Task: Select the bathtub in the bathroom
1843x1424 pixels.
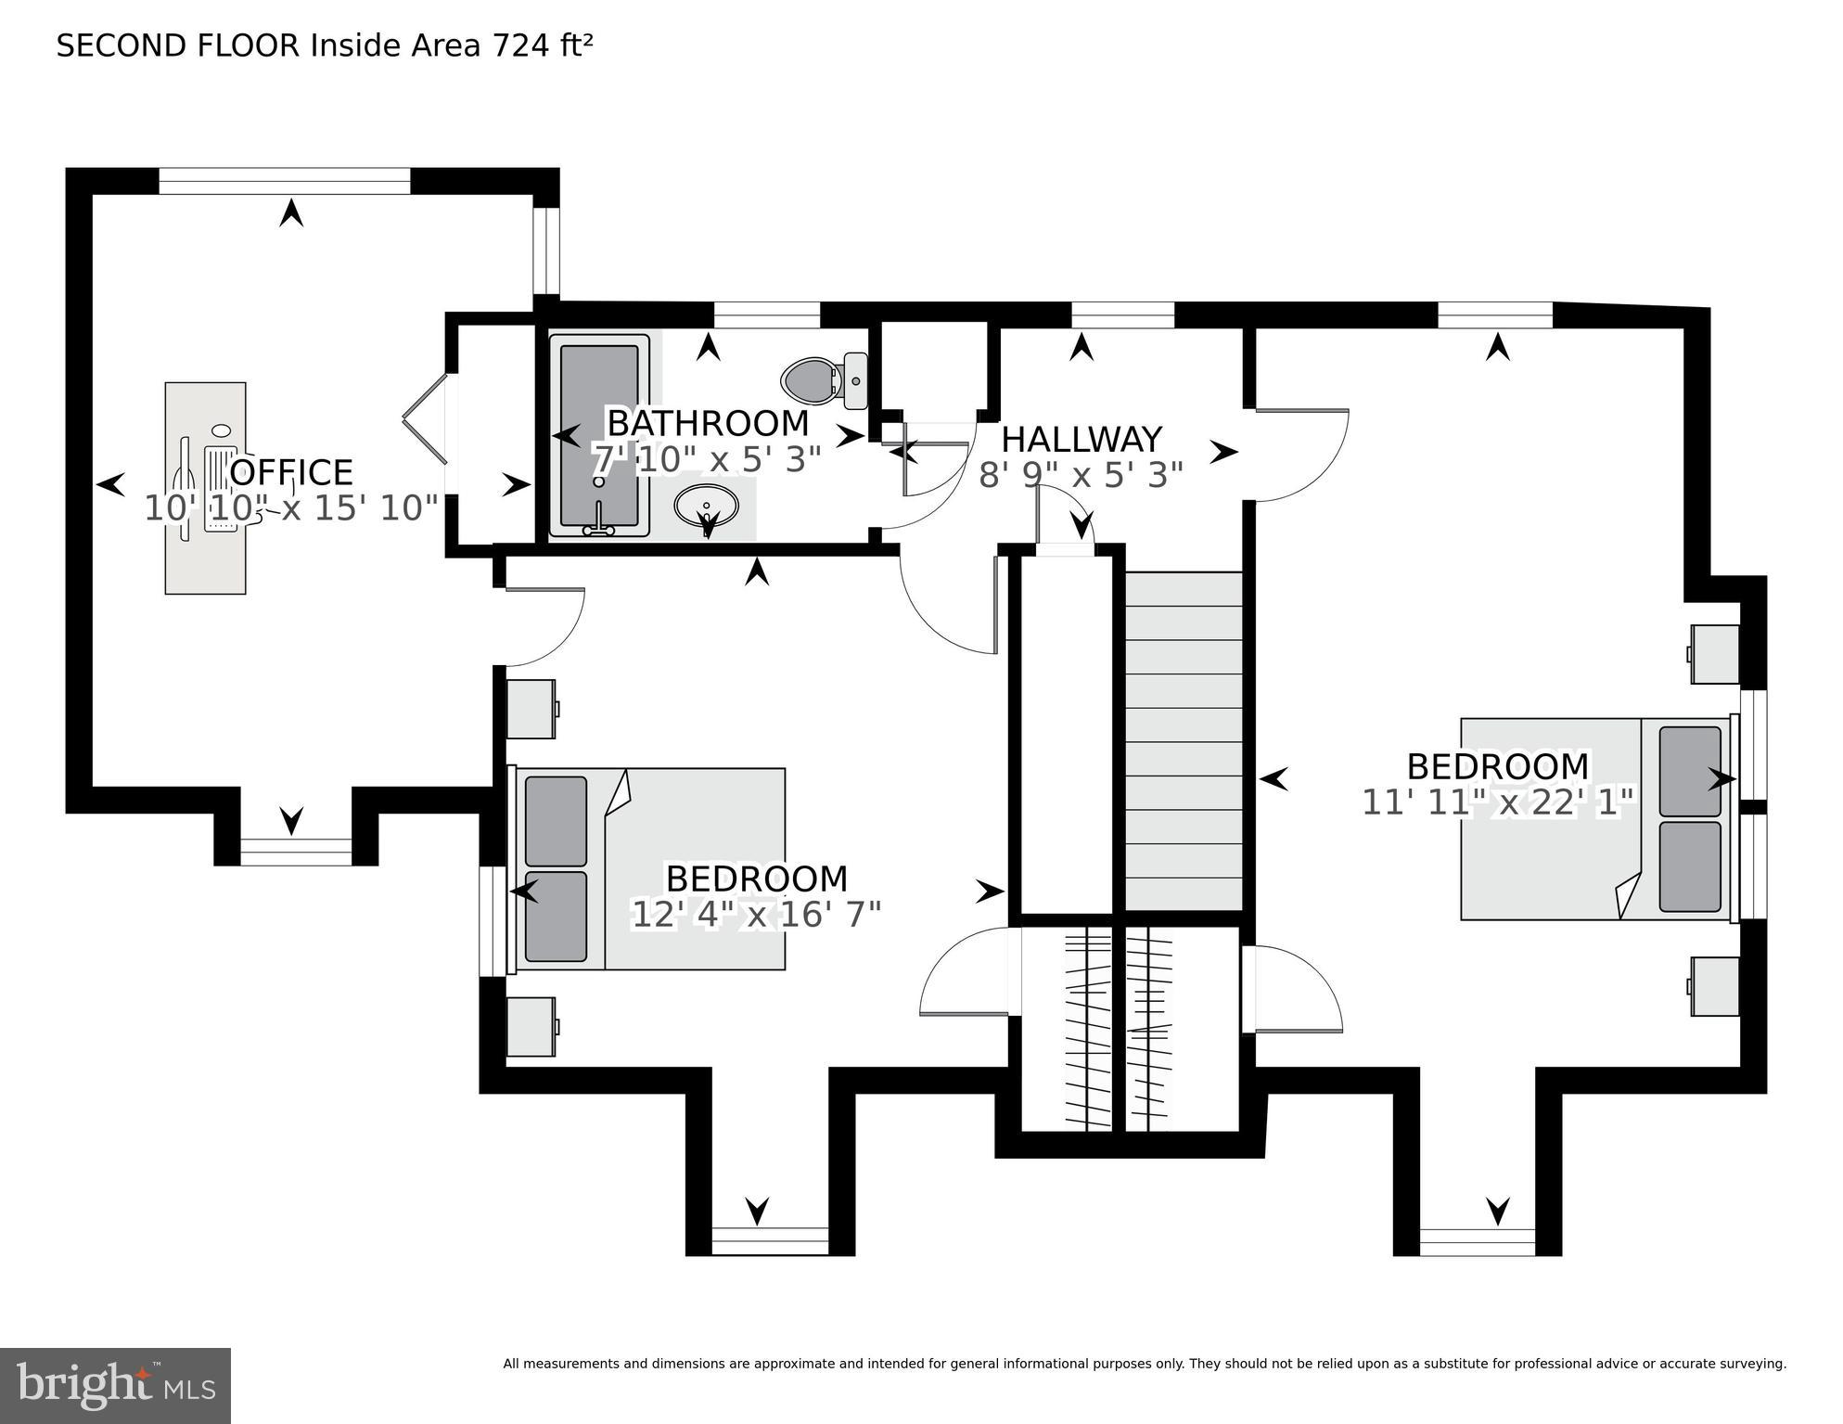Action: (599, 435)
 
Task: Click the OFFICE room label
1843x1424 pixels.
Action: (291, 472)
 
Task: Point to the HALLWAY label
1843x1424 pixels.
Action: (1081, 439)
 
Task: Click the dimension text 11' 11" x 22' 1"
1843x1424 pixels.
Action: (1497, 802)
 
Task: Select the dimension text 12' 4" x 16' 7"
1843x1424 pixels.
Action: (756, 915)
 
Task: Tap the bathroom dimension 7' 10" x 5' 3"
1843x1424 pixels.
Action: (707, 459)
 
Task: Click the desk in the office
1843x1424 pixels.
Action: (206, 487)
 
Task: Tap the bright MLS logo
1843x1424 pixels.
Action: (115, 1385)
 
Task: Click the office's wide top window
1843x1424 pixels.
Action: (284, 181)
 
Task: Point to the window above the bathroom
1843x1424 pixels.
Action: (767, 315)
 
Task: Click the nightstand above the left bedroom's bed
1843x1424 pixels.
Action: (531, 709)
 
